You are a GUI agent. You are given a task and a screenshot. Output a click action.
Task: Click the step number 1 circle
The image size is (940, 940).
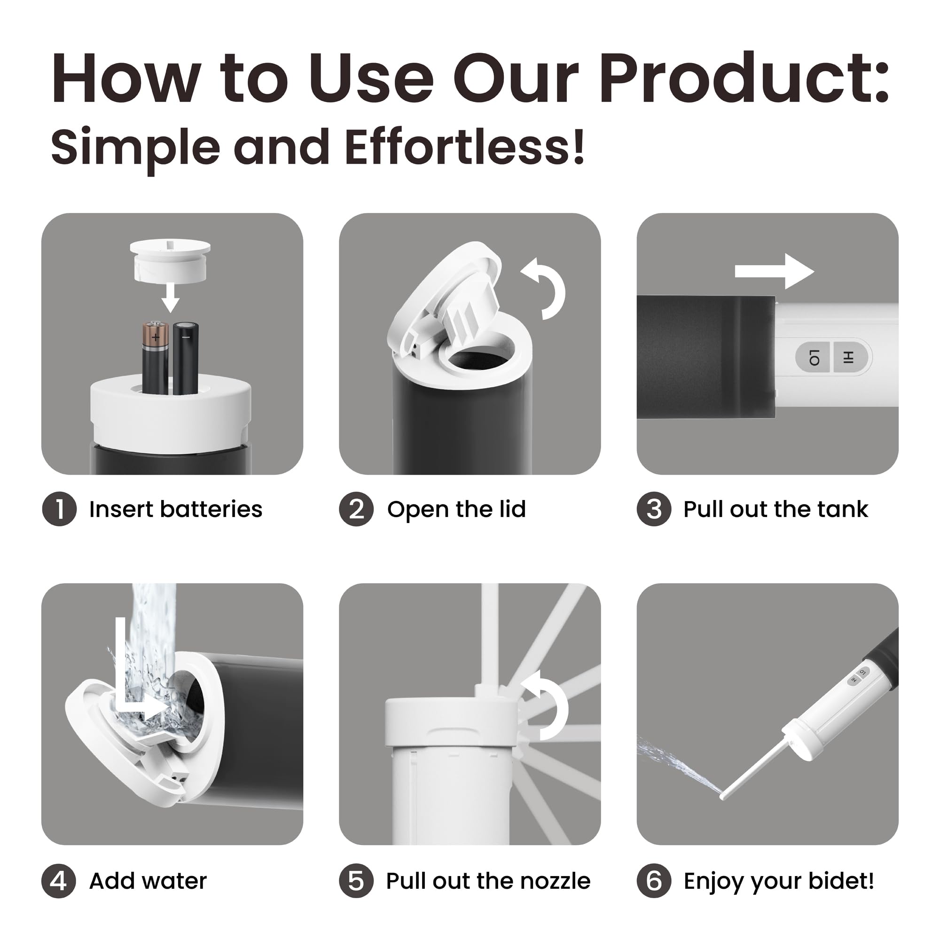(59, 509)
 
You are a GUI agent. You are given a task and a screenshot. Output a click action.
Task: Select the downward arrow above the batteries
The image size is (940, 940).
(170, 298)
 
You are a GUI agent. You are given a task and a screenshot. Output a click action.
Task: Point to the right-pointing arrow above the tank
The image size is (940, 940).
(774, 271)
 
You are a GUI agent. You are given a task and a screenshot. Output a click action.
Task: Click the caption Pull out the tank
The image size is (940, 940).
(775, 509)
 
